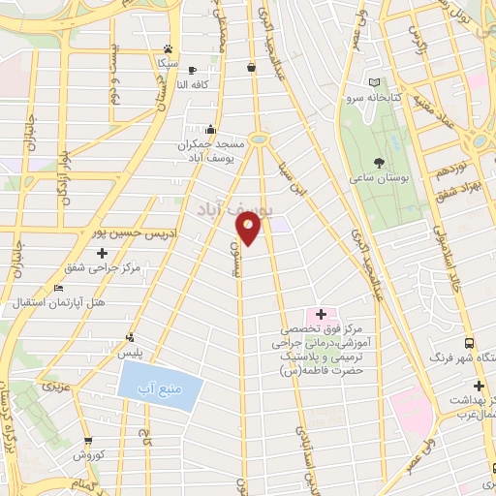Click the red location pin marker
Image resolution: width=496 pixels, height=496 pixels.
click(248, 229)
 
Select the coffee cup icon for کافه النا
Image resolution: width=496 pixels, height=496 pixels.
click(192, 70)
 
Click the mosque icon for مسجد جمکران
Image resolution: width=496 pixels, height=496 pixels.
click(210, 127)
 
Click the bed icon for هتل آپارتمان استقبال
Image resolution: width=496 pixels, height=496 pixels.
click(59, 289)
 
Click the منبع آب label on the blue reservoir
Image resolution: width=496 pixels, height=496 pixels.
click(161, 388)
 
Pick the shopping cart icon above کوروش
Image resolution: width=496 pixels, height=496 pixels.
click(87, 439)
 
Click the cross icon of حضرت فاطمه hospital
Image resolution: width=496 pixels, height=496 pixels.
click(321, 314)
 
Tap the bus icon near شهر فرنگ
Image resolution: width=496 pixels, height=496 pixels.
click(469, 343)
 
